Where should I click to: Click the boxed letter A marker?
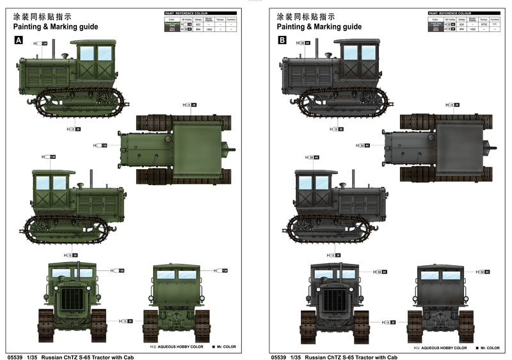19,40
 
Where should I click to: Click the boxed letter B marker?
282,40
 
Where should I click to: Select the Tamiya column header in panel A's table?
220,19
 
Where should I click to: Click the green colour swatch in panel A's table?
171,24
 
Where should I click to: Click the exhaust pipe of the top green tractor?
54,48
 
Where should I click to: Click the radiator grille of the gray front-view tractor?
332,301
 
